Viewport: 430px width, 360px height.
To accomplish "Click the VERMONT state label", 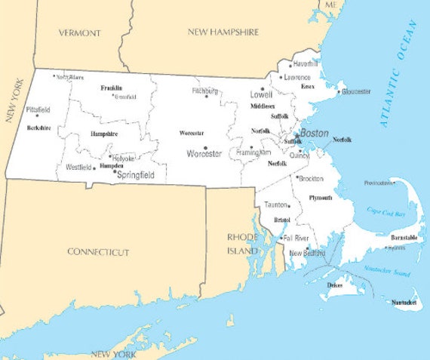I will coord(80,33).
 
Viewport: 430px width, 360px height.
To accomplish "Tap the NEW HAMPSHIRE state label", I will coord(223,32).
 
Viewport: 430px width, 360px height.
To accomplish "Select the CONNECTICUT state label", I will coord(98,252).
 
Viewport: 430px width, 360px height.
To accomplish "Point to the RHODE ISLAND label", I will coord(243,243).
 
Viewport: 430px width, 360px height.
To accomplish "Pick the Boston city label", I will coord(314,134).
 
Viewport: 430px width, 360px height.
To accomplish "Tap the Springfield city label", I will coord(136,175).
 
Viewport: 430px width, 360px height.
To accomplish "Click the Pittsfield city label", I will coord(38,109).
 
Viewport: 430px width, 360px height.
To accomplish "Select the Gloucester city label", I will coord(356,91).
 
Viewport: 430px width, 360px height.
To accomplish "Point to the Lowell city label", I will coord(261,96).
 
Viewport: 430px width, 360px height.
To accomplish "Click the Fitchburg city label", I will coord(204,91).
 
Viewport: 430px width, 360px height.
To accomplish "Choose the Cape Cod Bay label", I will coord(385,212).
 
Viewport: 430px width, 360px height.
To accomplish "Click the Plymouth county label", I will coord(321,198).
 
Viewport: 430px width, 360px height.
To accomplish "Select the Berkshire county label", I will coord(38,128).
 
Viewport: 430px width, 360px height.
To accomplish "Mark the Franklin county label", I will coord(111,88).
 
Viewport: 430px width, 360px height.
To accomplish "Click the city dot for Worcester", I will coord(205,147).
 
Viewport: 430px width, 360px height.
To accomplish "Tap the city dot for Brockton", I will coord(296,177).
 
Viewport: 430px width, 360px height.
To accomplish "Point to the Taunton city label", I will coord(276,205).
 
